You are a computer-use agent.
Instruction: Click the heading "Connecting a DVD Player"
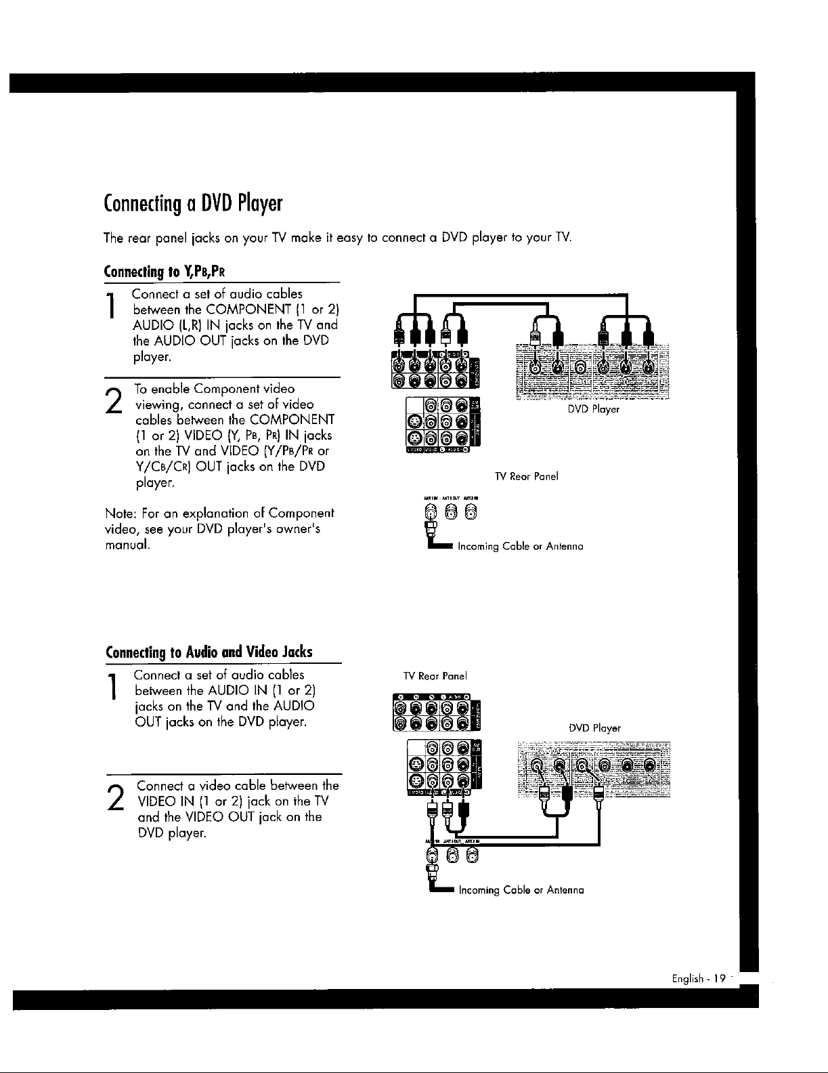(192, 203)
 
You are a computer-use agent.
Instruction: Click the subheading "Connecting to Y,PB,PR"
(165, 272)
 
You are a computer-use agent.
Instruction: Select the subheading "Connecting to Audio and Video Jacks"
(209, 652)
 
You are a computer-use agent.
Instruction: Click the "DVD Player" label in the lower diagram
(594, 728)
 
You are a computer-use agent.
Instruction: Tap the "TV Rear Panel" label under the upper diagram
(526, 476)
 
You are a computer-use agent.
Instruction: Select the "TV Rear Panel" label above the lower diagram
(435, 676)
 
